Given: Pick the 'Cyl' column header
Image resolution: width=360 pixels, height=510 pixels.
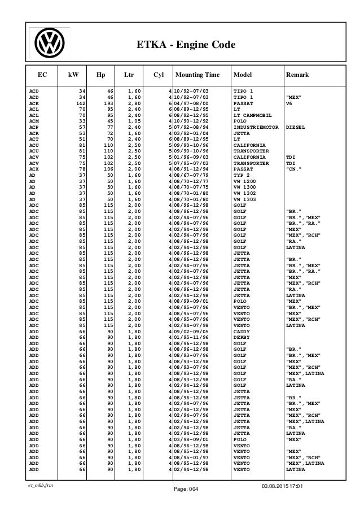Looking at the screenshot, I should coord(159,74).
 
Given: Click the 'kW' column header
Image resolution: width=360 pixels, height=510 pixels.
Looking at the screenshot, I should coord(73,74).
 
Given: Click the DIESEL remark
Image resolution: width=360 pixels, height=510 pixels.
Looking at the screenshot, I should coord(297,128).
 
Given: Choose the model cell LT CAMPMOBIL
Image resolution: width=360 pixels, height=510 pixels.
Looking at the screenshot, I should coord(253,115).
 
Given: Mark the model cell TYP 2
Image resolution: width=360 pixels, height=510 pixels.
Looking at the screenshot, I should coord(242,174).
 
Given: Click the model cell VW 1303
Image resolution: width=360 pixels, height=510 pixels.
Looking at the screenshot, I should coord(244,199).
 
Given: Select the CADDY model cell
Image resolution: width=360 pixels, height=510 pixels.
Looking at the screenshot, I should coord(242,331).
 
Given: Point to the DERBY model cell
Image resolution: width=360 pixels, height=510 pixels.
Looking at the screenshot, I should coord(242,337).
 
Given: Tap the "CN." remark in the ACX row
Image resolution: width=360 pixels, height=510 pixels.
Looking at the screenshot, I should coord(295,168).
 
